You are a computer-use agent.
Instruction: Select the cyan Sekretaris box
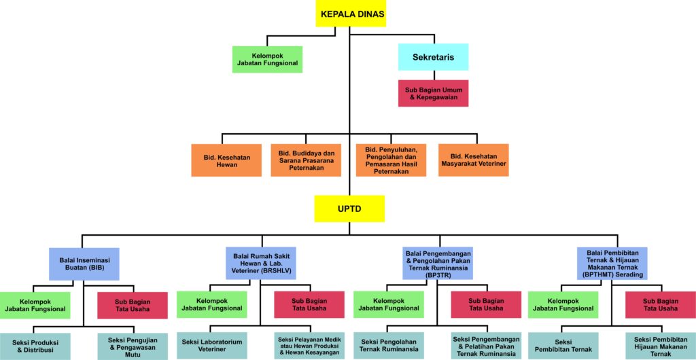coord(433,57)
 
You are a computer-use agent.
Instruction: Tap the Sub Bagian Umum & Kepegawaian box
coord(433,93)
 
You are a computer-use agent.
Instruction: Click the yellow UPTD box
coord(349,209)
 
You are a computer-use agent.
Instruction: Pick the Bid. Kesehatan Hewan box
coord(226,160)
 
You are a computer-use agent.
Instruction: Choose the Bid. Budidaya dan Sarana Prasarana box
coord(306,160)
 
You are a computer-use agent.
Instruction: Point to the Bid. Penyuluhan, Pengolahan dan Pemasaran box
coord(391,160)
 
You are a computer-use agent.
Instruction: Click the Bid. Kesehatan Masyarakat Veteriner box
coord(473,160)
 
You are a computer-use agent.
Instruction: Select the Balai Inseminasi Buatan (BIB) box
coord(84,264)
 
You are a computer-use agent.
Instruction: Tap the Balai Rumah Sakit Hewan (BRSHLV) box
coord(260,263)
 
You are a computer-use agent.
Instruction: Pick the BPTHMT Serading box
coord(612,264)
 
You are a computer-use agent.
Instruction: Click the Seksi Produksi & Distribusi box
coord(34,346)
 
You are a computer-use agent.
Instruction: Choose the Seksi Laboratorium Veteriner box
coord(212,346)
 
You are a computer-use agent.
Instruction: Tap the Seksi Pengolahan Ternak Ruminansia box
coord(388,346)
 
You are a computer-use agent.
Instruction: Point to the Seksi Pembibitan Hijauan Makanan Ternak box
coord(660,346)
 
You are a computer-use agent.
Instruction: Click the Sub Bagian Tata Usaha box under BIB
coord(133,305)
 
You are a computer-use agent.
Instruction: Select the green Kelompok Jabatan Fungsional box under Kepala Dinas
coord(267,59)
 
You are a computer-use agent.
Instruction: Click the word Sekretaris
coord(433,57)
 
